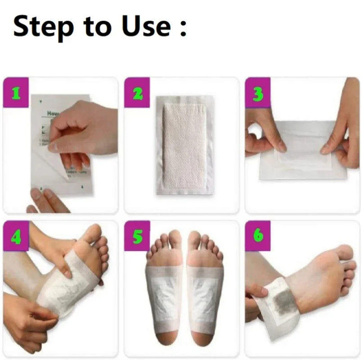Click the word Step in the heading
43,27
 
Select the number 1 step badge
16,93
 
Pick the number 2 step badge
137,93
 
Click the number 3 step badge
258,93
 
